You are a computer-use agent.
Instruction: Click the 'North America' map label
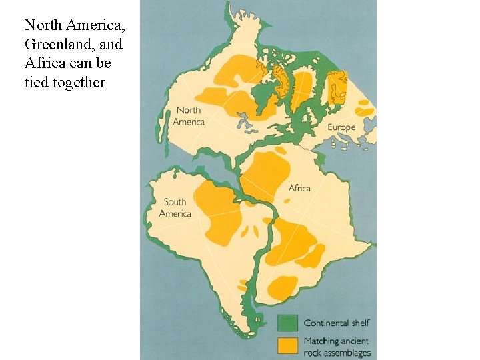[188, 116]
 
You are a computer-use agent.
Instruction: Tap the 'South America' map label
[175, 208]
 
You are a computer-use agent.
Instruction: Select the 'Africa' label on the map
[299, 188]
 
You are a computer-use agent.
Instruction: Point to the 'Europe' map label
[341, 127]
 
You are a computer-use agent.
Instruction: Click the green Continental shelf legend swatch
[287, 323]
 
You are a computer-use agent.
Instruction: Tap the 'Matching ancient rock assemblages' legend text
[337, 347]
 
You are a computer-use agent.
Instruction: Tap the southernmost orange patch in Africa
[283, 287]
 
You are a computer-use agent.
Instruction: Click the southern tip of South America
[252, 333]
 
